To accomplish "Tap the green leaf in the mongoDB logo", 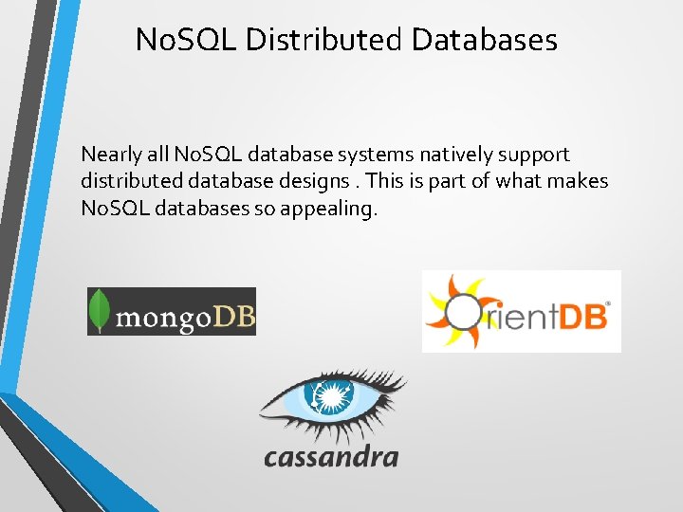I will click(99, 310).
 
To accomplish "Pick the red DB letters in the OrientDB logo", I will click(580, 315).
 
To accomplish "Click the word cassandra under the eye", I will click(331, 457).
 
